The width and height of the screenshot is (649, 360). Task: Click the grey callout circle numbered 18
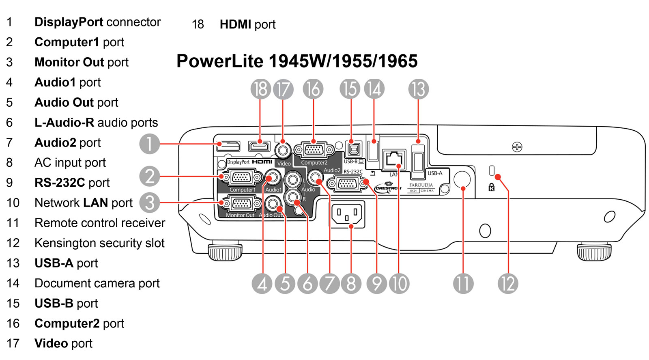click(x=260, y=89)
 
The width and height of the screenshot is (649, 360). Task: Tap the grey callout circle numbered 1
click(x=149, y=144)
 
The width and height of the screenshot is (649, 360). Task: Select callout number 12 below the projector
click(x=508, y=283)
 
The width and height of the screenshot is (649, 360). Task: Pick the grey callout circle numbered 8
click(x=351, y=283)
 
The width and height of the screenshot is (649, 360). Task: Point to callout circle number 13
click(x=418, y=89)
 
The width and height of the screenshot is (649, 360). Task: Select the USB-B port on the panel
click(x=354, y=149)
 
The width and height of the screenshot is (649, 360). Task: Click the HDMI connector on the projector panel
click(x=259, y=146)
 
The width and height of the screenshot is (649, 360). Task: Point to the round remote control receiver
click(x=462, y=179)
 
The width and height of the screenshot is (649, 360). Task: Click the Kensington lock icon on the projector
click(x=492, y=187)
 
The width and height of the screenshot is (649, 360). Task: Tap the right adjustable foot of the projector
click(x=594, y=251)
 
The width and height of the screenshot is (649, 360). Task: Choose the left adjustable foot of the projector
click(x=225, y=252)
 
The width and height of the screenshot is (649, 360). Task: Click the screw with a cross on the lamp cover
click(x=517, y=147)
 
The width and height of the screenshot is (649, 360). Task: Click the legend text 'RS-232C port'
click(x=72, y=183)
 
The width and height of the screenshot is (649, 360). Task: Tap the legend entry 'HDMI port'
click(x=247, y=24)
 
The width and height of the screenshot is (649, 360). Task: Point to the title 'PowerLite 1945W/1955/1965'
click(x=297, y=61)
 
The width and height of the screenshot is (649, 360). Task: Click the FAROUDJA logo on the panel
click(x=421, y=185)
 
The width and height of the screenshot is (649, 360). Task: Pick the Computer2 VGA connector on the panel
click(x=314, y=150)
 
